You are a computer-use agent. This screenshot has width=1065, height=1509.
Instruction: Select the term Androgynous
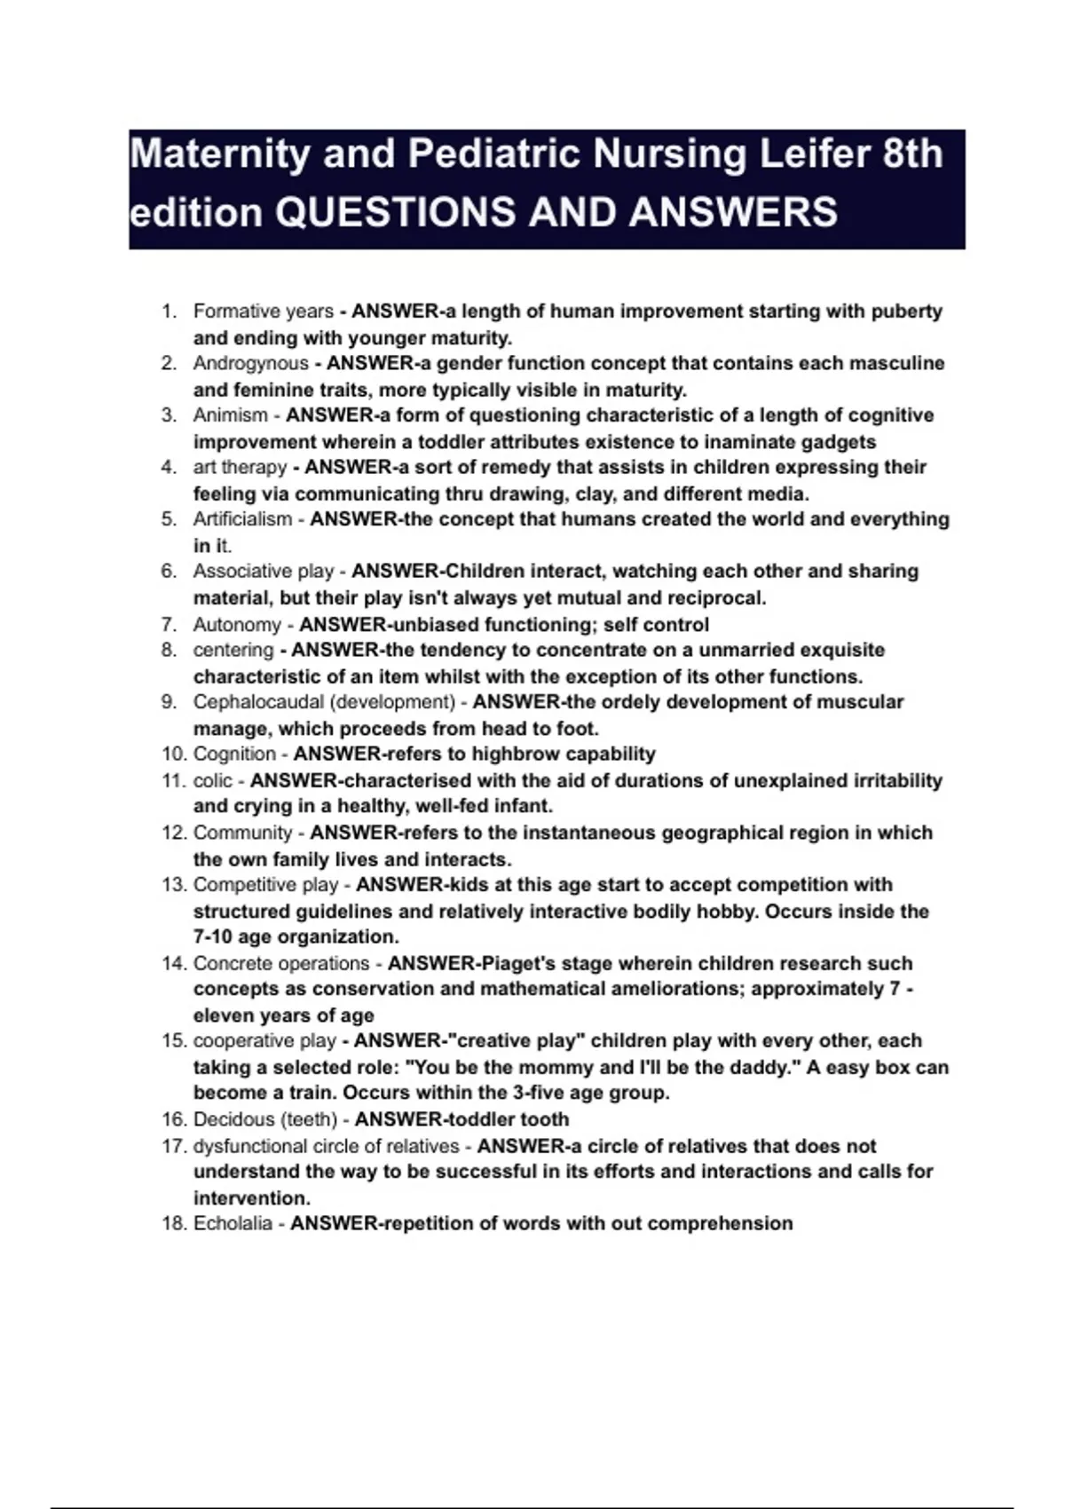[x=250, y=363]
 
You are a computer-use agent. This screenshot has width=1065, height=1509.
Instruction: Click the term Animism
[x=231, y=415]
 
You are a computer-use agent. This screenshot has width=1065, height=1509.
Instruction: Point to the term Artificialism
[x=242, y=519]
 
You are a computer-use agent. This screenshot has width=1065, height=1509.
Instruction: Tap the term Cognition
[x=234, y=754]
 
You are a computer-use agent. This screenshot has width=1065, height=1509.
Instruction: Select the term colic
[x=213, y=781]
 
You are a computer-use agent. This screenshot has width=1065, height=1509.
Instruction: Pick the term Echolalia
[x=233, y=1223]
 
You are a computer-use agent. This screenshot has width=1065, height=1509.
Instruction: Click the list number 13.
[x=172, y=885]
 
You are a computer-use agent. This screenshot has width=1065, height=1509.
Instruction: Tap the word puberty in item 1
[x=906, y=312]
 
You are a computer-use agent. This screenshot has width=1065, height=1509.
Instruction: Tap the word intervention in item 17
[x=251, y=1197]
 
